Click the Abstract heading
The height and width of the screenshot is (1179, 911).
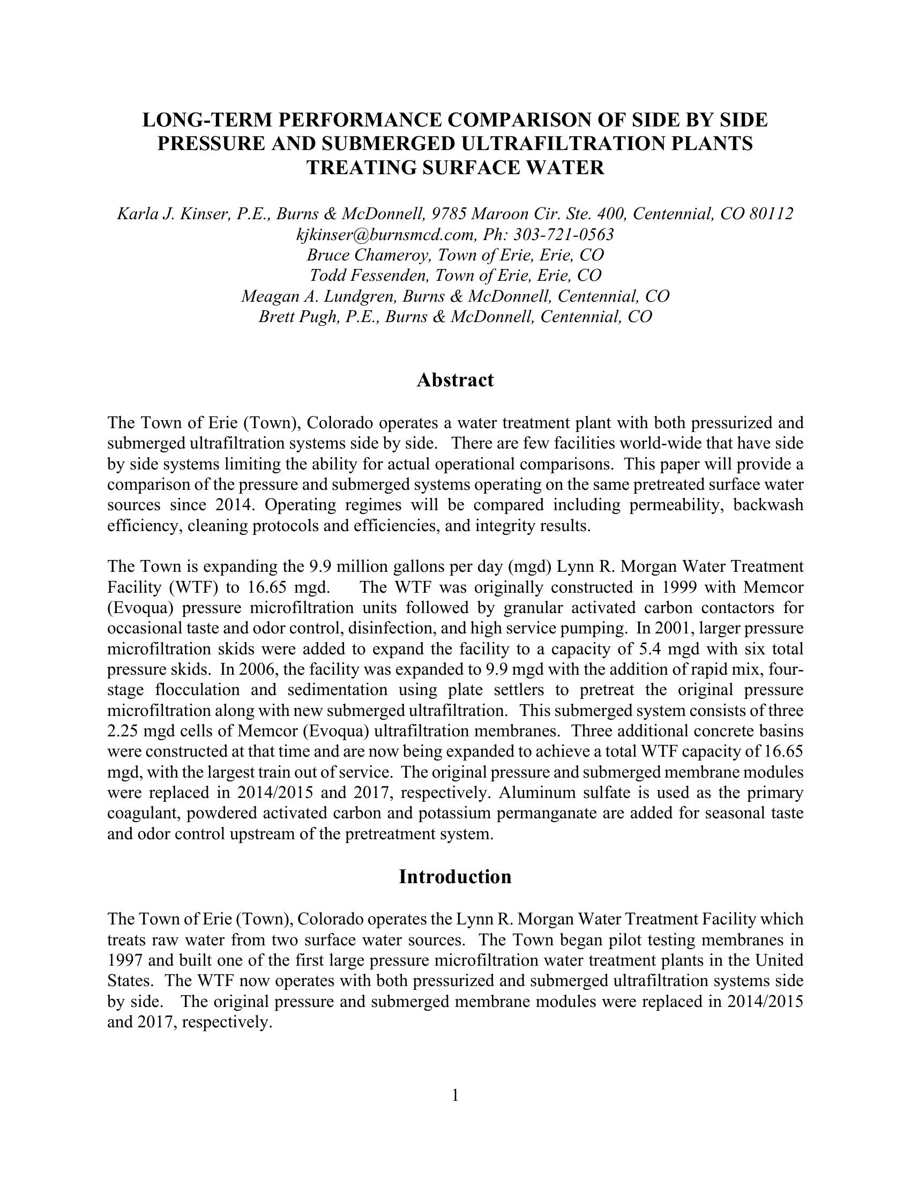pyautogui.click(x=455, y=380)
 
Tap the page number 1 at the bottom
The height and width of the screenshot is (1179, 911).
pyautogui.click(x=455, y=1095)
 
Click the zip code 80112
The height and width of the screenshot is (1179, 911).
pyautogui.click(x=771, y=214)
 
